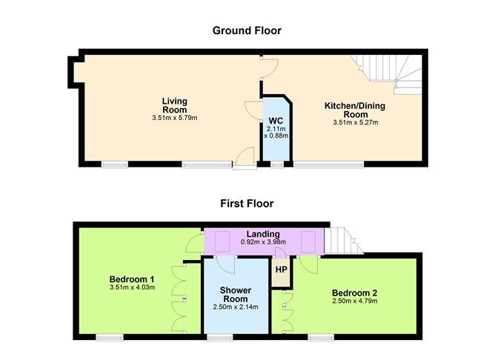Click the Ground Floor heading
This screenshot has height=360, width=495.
tap(247, 30)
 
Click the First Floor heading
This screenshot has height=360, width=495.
tap(247, 203)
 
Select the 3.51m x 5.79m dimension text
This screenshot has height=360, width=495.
tap(175, 118)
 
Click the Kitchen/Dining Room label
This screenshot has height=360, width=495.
tap(355, 110)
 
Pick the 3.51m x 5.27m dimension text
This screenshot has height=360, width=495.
tap(355, 122)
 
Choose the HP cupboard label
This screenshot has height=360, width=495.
tap(281, 270)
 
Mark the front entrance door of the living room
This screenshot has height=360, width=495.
tap(243, 159)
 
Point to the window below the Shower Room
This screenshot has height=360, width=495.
tap(219, 337)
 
